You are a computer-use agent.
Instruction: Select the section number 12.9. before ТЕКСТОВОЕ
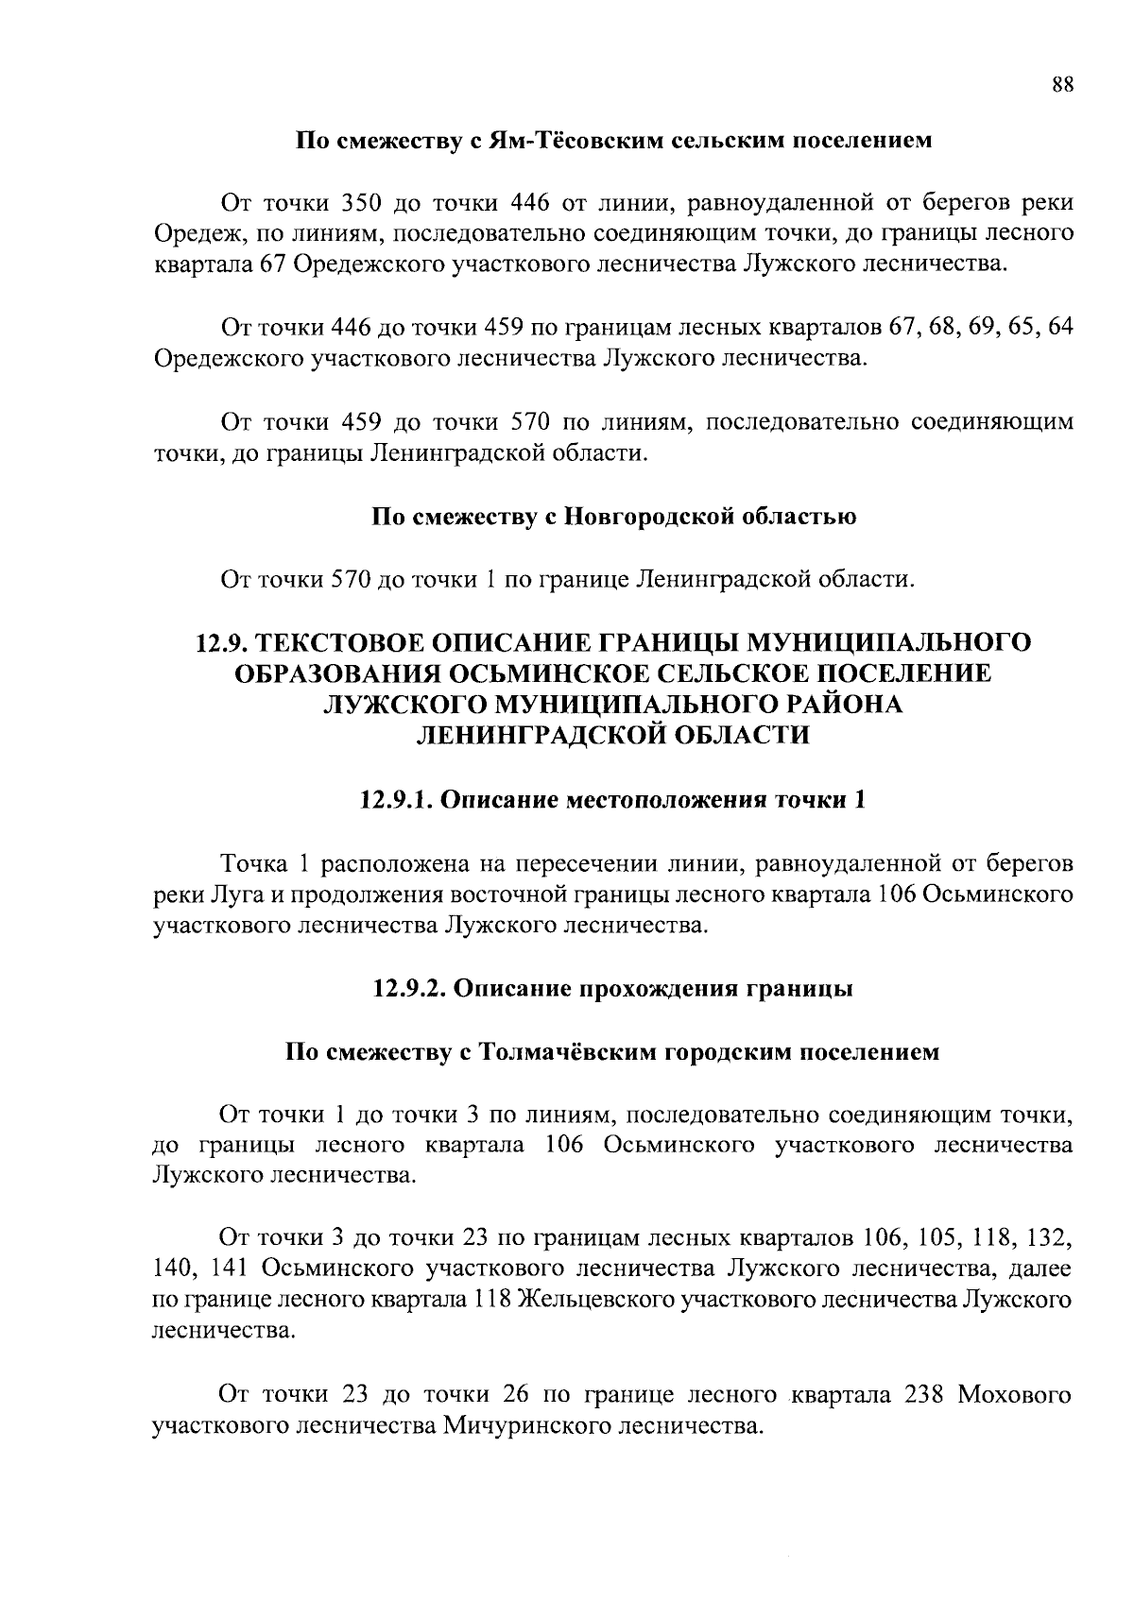222,643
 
